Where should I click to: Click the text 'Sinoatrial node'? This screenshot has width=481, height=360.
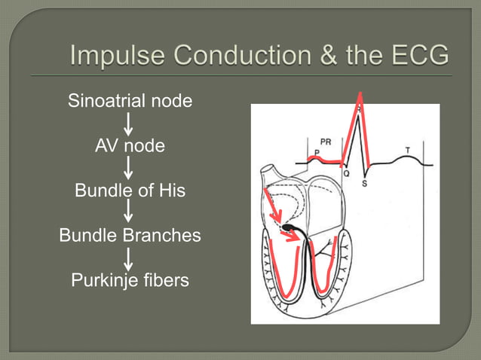coord(130,101)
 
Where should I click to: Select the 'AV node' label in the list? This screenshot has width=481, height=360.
coord(130,145)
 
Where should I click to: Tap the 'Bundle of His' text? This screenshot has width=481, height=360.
coord(130,191)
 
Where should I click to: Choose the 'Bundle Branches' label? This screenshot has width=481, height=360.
coord(130,235)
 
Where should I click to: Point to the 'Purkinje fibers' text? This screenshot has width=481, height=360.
coord(130,281)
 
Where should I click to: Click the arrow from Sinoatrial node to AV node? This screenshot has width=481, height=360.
coord(130,123)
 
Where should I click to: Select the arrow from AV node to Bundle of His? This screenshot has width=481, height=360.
coord(130,168)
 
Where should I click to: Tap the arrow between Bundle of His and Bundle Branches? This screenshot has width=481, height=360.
coord(130,213)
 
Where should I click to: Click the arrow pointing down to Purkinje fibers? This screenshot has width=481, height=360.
coord(130,258)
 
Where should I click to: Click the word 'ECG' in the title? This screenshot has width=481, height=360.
coord(413,56)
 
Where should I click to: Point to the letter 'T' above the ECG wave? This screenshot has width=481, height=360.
coord(408,150)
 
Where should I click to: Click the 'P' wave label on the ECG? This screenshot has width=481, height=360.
coord(317,151)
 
